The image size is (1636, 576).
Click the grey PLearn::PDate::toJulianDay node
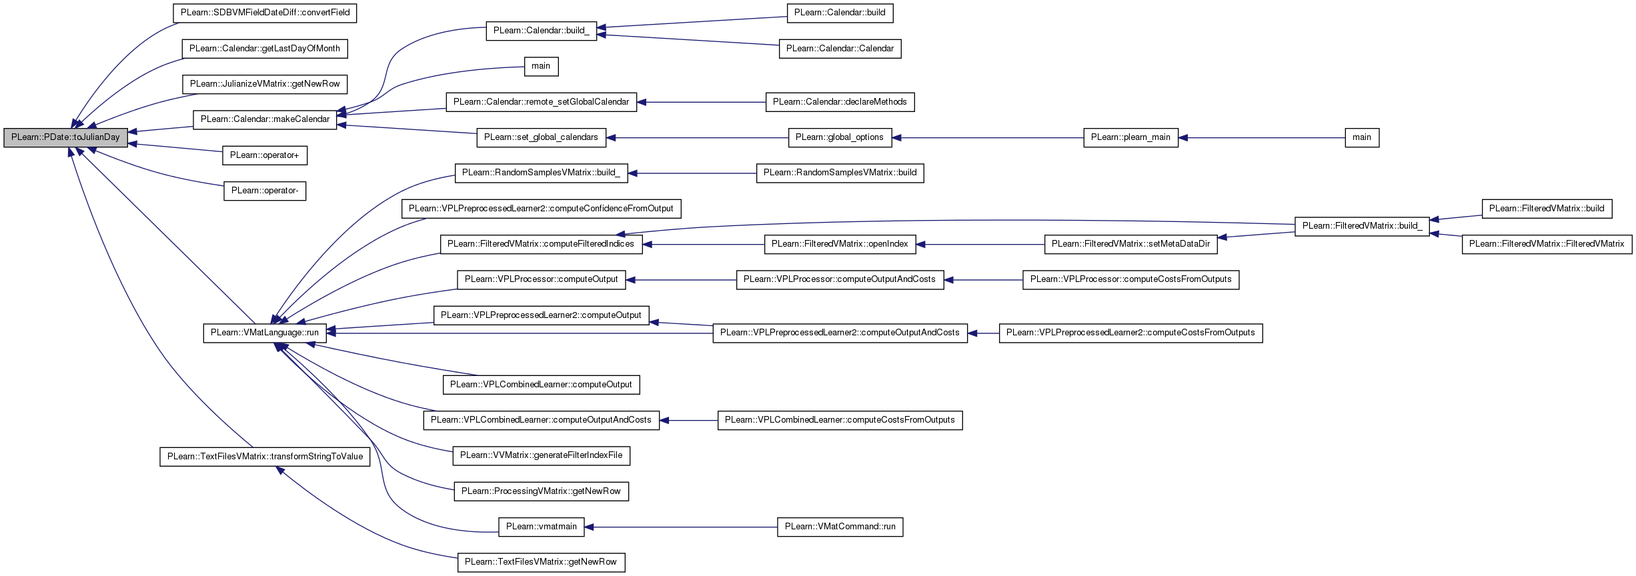pos(65,137)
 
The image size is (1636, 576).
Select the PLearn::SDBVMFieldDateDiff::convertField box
pos(265,13)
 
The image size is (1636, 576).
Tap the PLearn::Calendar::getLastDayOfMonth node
pos(265,49)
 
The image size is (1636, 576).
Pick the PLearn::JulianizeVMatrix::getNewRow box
pos(265,84)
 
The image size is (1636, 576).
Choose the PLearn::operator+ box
pos(265,155)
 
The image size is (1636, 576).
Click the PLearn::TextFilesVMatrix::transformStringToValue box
pos(265,457)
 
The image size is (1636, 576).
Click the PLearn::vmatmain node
pos(541,527)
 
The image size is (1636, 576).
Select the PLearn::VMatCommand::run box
pos(840,527)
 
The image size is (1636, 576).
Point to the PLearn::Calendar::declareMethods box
pos(840,102)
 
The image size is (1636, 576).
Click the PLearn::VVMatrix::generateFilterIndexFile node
pos(541,455)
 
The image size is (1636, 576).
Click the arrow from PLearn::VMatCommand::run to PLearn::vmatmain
pos(681,527)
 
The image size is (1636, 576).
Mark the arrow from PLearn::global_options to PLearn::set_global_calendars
pos(697,138)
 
